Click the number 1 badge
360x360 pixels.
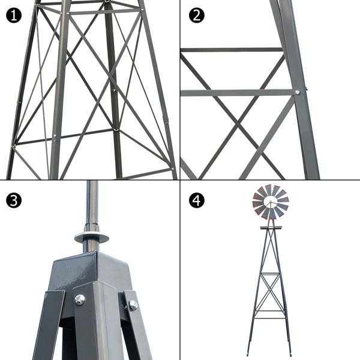coord(14,15)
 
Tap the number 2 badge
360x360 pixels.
coord(196,15)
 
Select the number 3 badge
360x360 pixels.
coord(14,200)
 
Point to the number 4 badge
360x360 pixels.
coord(196,200)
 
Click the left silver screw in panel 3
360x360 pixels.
coord(79,299)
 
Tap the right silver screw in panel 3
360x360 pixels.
coord(133,305)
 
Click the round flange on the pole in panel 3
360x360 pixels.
coord(92,237)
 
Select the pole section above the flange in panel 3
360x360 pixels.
coord(92,204)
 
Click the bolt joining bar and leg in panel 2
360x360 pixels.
coord(298,92)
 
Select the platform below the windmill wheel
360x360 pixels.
coord(271,227)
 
